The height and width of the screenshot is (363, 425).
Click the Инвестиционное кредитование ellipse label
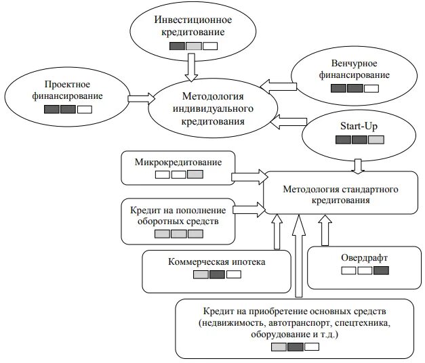(x=193, y=26)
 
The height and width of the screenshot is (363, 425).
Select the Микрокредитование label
(x=178, y=163)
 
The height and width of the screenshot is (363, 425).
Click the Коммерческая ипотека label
(x=217, y=261)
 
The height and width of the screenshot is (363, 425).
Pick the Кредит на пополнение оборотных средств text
(x=178, y=215)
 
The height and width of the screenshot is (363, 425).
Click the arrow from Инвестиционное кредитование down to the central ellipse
(x=193, y=66)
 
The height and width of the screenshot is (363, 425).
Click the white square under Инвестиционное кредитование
(x=210, y=47)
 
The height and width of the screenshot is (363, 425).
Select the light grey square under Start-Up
(x=376, y=140)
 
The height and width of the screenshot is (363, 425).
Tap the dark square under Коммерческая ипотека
(x=217, y=275)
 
